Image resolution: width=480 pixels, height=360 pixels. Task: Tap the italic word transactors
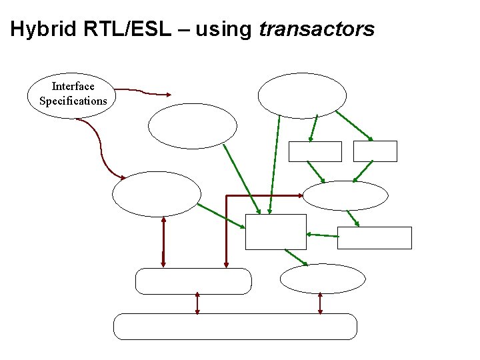(317, 29)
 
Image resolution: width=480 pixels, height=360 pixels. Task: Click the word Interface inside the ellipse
(73, 86)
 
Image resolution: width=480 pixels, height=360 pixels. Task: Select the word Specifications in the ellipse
(73, 101)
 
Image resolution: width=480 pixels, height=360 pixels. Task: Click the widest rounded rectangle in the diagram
(235, 326)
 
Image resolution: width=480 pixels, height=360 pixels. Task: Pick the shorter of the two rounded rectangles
(193, 281)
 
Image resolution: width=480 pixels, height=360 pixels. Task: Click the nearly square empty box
(275, 231)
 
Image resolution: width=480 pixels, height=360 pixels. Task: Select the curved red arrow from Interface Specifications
(100, 150)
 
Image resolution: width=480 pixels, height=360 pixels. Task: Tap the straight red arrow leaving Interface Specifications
(143, 91)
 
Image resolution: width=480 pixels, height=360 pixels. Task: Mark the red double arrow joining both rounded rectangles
(197, 303)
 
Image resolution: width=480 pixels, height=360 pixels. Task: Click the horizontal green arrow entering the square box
(322, 235)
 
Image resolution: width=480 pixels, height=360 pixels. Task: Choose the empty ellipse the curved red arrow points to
(156, 194)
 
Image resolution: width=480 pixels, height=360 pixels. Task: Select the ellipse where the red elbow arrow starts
(345, 195)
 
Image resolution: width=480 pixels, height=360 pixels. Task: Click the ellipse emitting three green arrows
(302, 95)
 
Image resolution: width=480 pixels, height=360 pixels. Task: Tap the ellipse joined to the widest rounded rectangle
(323, 279)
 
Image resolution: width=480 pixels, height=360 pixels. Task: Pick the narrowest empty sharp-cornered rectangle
(375, 151)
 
